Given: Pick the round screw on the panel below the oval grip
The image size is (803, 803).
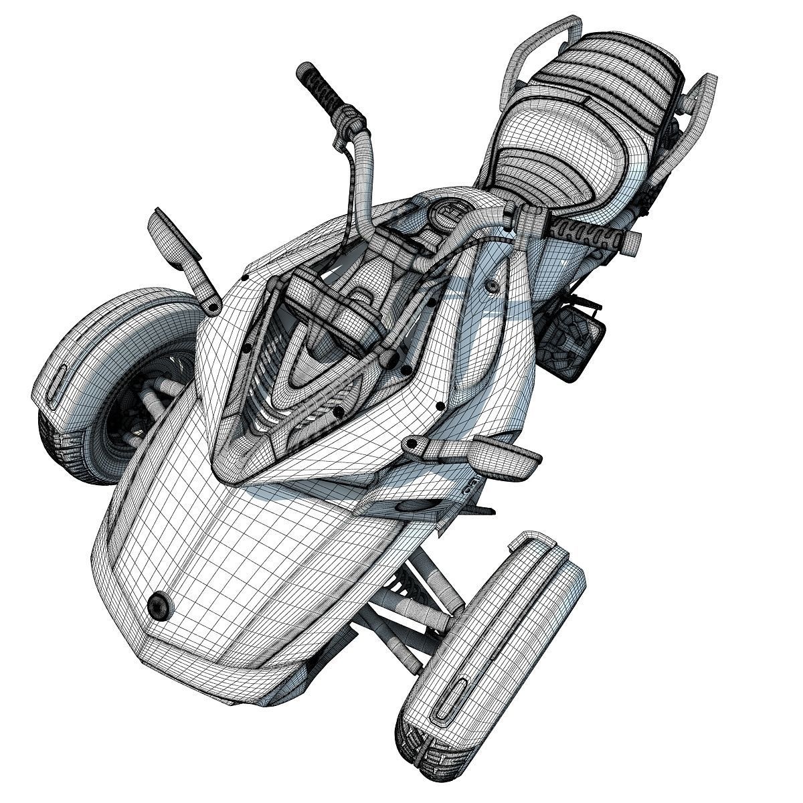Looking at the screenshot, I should click(x=493, y=286).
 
